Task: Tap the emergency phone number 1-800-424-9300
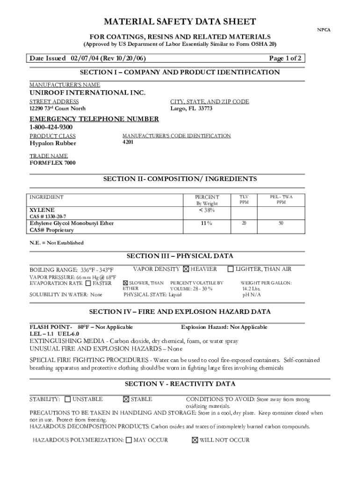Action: tap(51, 127)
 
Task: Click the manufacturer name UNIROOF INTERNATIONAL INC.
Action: tap(87, 93)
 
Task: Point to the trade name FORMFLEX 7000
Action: tap(52, 163)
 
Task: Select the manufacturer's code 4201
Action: tap(128, 142)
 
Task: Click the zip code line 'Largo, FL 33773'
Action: tap(191, 109)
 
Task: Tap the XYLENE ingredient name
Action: tap(42, 210)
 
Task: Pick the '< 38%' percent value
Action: tap(207, 210)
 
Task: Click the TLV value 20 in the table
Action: tap(244, 224)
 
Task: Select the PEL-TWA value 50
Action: tap(281, 224)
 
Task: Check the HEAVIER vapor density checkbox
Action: tap(186, 269)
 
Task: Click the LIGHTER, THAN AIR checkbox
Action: tap(230, 269)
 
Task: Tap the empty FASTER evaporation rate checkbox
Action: tap(88, 283)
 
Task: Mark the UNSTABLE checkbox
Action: tap(68, 399)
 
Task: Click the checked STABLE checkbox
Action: tap(126, 399)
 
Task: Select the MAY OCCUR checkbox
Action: tap(129, 440)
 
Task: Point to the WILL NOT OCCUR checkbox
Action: tap(195, 440)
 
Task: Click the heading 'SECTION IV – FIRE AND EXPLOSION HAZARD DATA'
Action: tap(180, 312)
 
